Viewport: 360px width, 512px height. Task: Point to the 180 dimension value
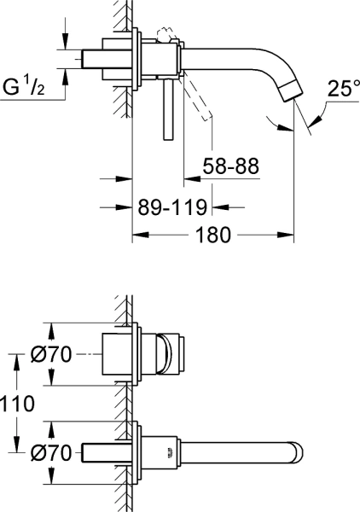(x=214, y=236)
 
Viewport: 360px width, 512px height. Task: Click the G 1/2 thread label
(x=30, y=87)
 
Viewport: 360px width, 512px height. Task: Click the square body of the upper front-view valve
(x=120, y=353)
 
